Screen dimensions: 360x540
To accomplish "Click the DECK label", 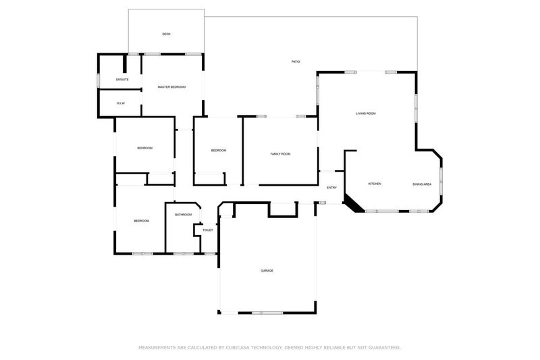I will [x=166, y=34].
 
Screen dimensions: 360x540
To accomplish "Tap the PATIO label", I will [x=296, y=62].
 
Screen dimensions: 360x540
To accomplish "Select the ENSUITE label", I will [x=122, y=80].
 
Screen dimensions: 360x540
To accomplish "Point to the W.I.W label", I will [x=120, y=103].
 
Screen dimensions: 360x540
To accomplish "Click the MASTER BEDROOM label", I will [x=171, y=87].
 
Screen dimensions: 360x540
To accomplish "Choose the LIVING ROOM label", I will [x=366, y=113].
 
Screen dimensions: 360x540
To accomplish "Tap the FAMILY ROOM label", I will [x=280, y=154].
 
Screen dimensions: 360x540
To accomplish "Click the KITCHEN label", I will [x=375, y=184].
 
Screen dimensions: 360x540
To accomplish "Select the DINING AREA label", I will [x=423, y=184].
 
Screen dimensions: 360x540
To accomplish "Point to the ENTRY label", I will [x=331, y=188].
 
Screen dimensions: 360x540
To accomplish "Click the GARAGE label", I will [x=267, y=270].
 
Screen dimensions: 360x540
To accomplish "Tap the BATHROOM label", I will [x=184, y=215].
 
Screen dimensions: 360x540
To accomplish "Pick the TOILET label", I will [x=208, y=230].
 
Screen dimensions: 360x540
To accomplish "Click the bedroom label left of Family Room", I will [x=218, y=151].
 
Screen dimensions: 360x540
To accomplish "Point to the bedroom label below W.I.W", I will [x=144, y=148].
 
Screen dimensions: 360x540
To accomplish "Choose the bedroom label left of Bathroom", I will [x=141, y=221].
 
